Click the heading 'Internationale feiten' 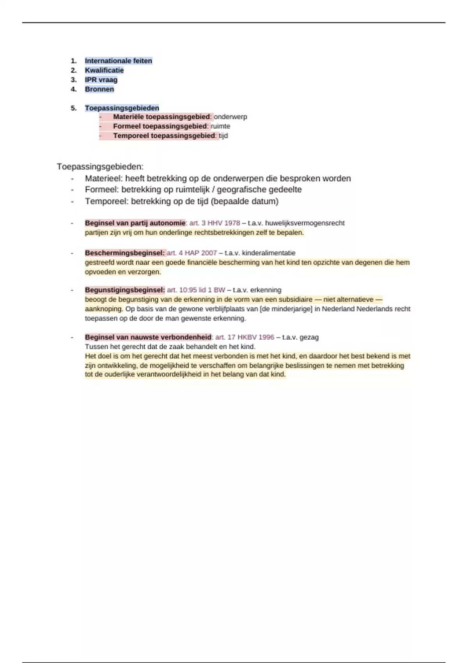[x=119, y=61]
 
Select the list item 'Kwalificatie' [x=104, y=70]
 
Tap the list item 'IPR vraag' [x=101, y=80]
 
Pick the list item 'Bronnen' [x=99, y=89]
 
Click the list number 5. [x=74, y=108]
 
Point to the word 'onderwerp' [x=230, y=117]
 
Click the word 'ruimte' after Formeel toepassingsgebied [x=220, y=126]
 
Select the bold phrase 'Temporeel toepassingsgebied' [x=164, y=136]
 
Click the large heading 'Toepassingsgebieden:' [x=100, y=167]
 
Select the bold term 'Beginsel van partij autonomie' [x=135, y=223]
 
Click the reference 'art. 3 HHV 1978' [x=214, y=223]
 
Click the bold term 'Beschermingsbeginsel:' [x=125, y=253]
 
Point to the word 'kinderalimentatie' [x=269, y=253]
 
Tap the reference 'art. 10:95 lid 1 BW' [x=196, y=290]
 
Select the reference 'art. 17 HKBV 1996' [x=245, y=337]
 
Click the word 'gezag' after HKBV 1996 [x=309, y=337]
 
